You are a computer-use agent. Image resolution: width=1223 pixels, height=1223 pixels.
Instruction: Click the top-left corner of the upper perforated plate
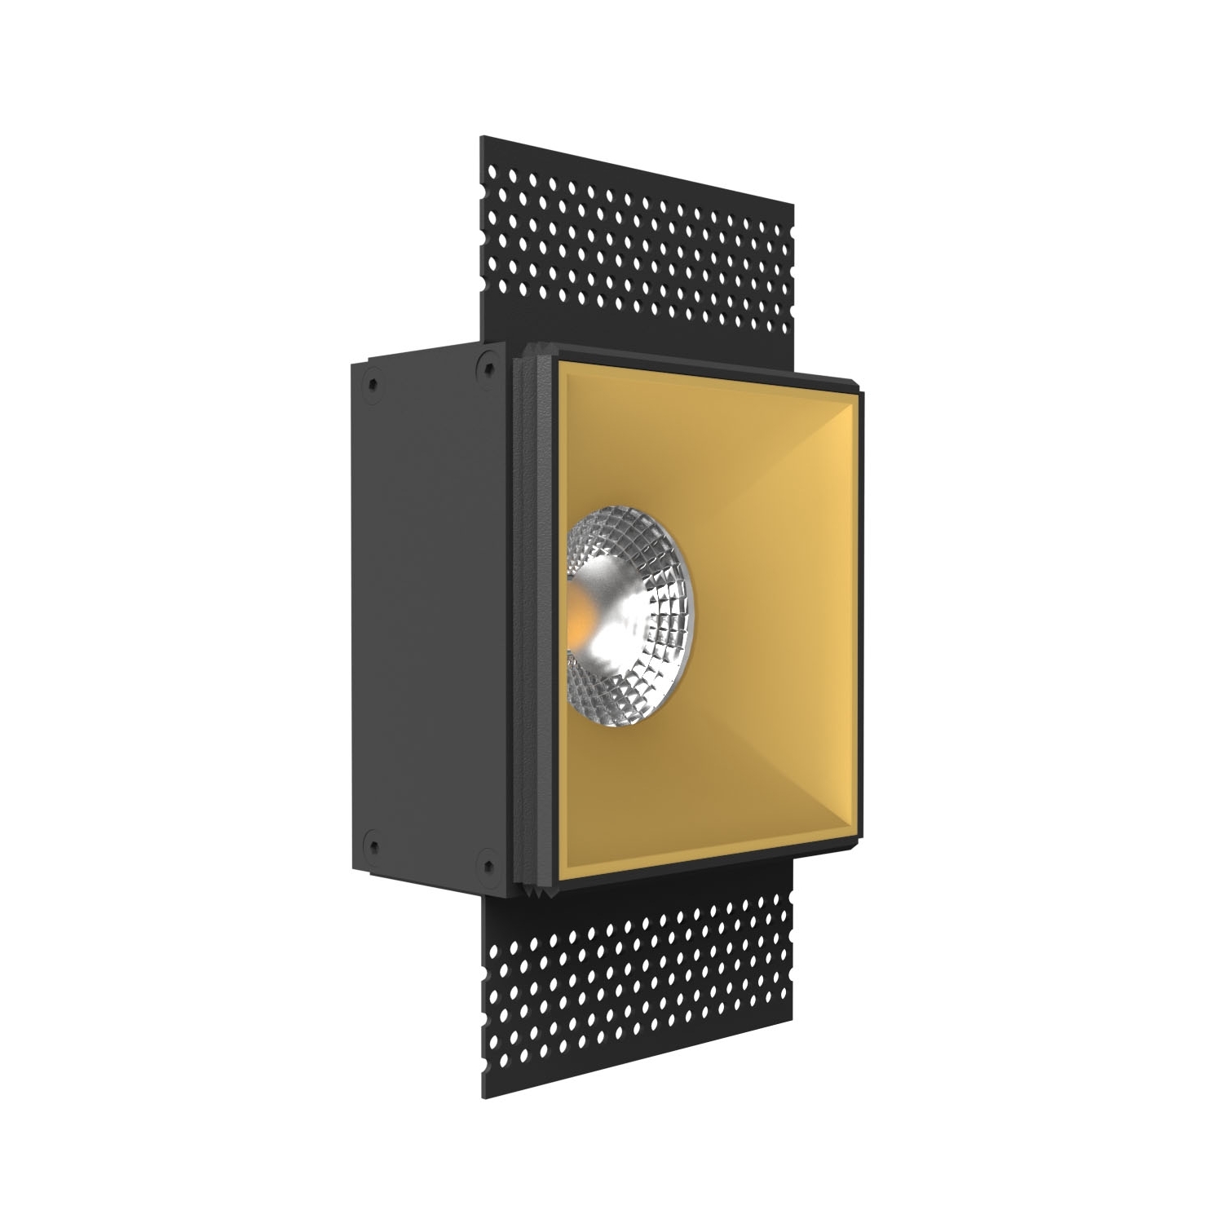tap(481, 136)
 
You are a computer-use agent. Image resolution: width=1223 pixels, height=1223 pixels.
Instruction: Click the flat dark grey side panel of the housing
tap(424, 611)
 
